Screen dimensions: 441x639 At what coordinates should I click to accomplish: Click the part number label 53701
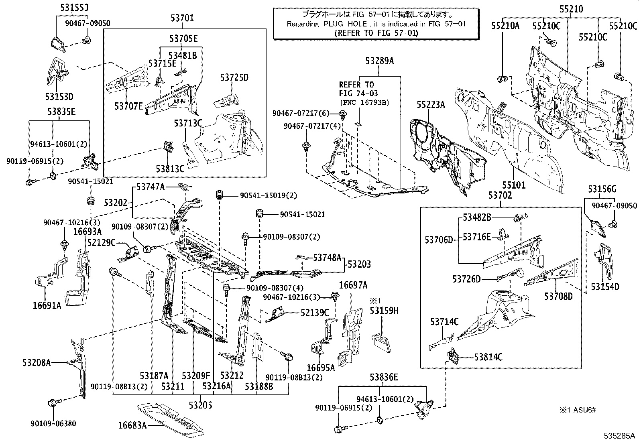181,18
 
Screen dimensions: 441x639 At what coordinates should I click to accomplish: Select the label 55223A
430,105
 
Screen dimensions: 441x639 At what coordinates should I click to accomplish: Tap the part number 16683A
132,425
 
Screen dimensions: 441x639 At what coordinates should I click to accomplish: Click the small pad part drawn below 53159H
381,342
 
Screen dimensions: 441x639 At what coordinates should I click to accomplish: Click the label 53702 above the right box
500,196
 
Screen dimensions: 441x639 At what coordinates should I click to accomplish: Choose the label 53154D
605,287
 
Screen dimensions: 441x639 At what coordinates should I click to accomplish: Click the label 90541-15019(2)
269,195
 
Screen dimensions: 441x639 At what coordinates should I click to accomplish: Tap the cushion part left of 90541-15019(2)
219,195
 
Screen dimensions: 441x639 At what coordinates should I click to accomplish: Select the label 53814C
488,357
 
